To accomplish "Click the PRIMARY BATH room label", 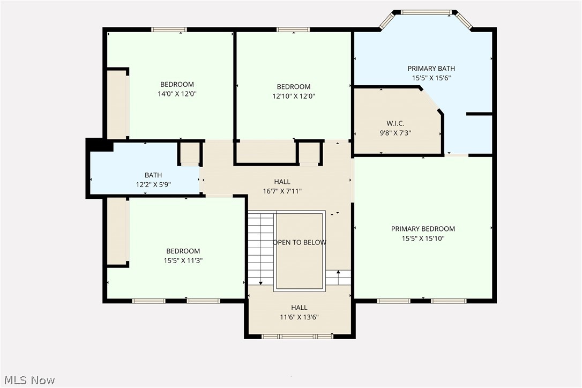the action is point(431,68).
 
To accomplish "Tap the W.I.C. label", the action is point(396,123).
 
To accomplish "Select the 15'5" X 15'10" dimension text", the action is point(423,238).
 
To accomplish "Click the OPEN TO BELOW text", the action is point(300,242).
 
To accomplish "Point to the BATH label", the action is point(153,175).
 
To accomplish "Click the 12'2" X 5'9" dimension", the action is point(153,184).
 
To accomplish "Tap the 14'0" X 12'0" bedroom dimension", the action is point(177,94).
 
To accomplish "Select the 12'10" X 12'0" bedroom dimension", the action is point(294,96).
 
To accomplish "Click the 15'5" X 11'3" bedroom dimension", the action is point(183,260).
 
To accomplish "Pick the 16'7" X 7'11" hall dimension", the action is point(282,191).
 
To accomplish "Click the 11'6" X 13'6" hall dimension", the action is point(299,317).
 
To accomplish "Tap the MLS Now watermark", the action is point(29,380).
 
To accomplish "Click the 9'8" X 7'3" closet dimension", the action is point(396,133).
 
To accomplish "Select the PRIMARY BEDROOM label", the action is point(423,229).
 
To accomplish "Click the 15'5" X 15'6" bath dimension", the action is point(431,78).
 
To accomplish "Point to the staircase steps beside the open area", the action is point(262,248).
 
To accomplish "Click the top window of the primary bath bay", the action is point(427,12).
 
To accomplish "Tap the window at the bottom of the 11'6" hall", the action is point(297,337).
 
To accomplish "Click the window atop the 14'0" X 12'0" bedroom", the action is point(169,29).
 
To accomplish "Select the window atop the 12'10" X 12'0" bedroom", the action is point(293,29).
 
